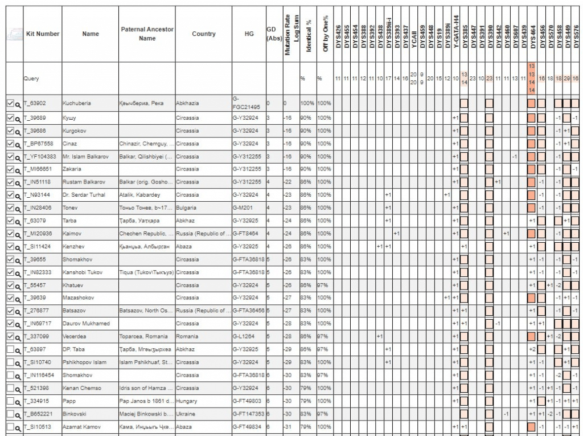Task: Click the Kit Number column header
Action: [x=43, y=34]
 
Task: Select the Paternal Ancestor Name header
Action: [x=147, y=34]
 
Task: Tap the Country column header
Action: [x=203, y=34]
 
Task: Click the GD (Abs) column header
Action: [x=274, y=34]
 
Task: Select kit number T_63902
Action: [x=35, y=104]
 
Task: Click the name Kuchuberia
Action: [x=77, y=104]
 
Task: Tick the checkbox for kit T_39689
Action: [x=10, y=117]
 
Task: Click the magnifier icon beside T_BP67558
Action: [x=18, y=144]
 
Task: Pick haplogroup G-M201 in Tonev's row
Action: [x=243, y=207]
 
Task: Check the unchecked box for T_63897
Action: [x=10, y=349]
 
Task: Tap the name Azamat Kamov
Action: [x=81, y=427]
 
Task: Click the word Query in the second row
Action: [x=31, y=79]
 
